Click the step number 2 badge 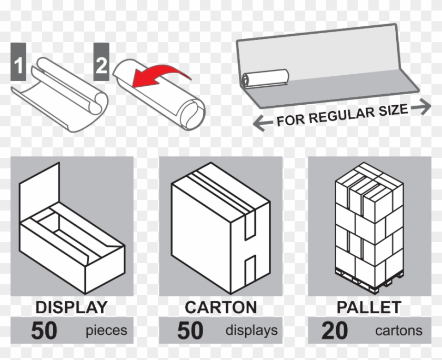pyautogui.click(x=101, y=66)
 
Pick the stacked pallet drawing pyautogui.click(x=369, y=226)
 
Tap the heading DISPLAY pyautogui.click(x=72, y=307)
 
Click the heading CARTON pyautogui.click(x=220, y=307)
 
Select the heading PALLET pyautogui.click(x=369, y=307)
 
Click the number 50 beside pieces pyautogui.click(x=44, y=331)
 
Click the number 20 pyautogui.click(x=334, y=331)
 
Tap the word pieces pyautogui.click(x=106, y=331)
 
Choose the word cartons pyautogui.click(x=398, y=331)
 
